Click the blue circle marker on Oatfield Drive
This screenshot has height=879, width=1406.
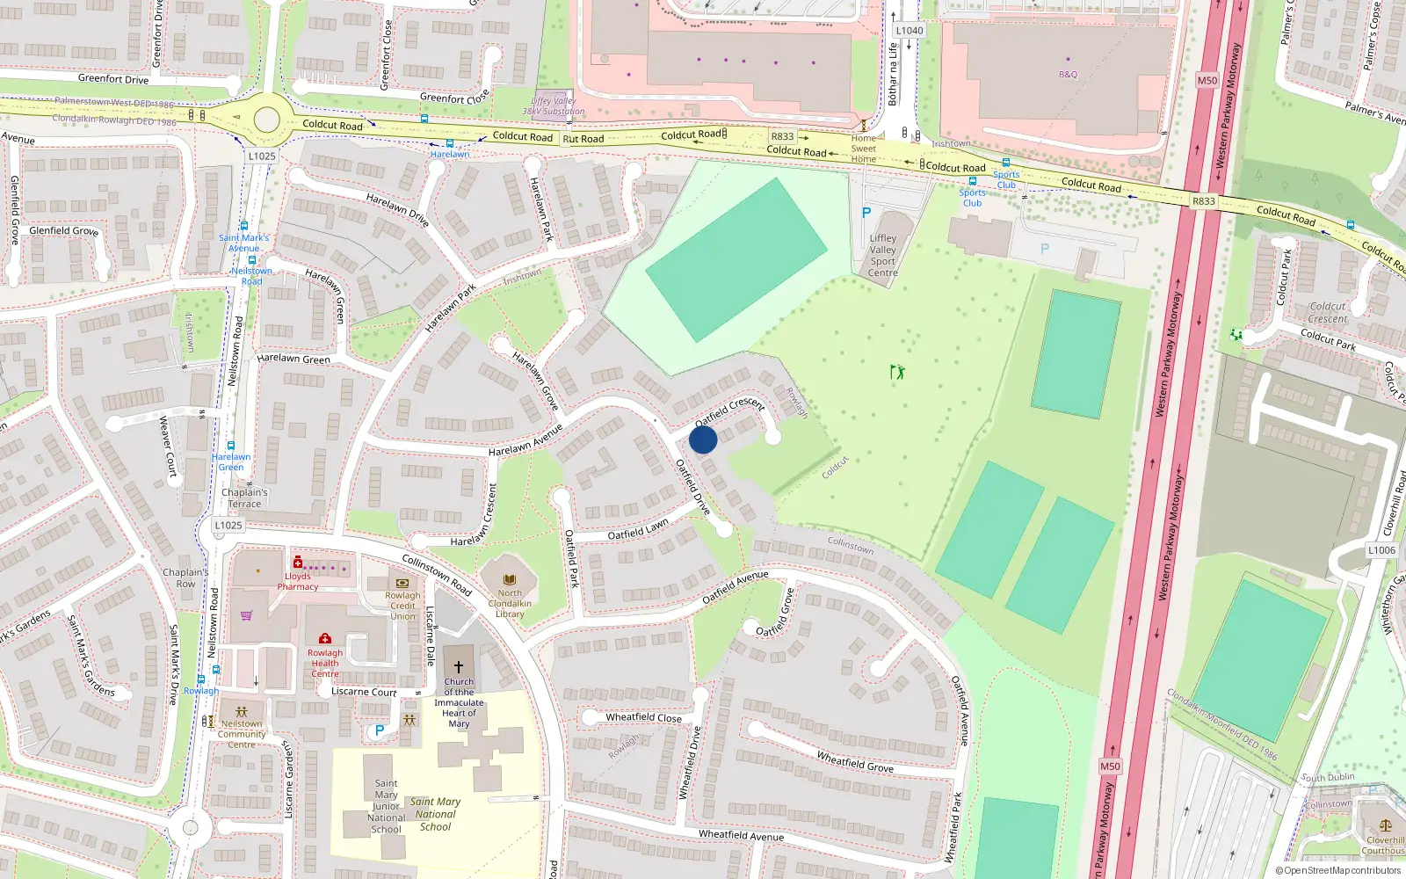(703, 439)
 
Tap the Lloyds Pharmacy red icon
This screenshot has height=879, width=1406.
(297, 563)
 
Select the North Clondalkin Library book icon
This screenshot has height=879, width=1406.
(510, 579)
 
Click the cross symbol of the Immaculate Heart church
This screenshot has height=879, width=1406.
(458, 667)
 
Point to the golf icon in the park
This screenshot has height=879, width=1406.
(896, 372)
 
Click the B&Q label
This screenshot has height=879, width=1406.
(1068, 75)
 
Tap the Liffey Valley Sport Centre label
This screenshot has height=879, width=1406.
(883, 256)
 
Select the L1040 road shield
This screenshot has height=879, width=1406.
(910, 31)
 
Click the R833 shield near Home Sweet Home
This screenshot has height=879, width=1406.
(782, 136)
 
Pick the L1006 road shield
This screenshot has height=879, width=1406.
(1381, 550)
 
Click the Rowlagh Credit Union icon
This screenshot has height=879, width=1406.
(402, 583)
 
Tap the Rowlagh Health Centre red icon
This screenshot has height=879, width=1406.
(325, 639)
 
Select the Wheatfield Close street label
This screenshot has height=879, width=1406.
(643, 717)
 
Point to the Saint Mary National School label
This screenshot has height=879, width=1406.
(435, 814)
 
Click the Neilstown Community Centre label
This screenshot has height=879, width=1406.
(242, 734)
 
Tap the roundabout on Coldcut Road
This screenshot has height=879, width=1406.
(266, 120)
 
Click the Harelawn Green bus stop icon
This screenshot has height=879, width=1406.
(231, 446)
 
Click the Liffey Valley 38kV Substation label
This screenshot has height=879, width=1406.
(554, 106)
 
